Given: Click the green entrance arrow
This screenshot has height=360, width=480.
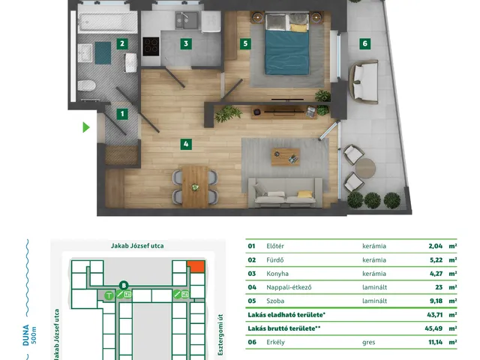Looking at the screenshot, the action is pyautogui.click(x=86, y=127).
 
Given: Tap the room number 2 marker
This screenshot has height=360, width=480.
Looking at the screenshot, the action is pyautogui.click(x=122, y=43).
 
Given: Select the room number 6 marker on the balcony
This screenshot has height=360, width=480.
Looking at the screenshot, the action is pyautogui.click(x=364, y=43).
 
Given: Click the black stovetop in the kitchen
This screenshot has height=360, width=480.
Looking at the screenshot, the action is pyautogui.click(x=151, y=46).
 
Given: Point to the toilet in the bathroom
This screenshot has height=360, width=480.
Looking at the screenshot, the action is pyautogui.click(x=87, y=85).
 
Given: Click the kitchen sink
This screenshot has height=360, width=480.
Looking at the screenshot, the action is pyautogui.click(x=187, y=20).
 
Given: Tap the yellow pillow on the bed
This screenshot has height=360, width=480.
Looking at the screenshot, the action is pyautogui.click(x=298, y=28).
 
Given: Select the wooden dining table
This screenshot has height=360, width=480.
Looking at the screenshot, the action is pyautogui.click(x=195, y=187).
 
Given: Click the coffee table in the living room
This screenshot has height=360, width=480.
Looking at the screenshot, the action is pyautogui.click(x=285, y=157).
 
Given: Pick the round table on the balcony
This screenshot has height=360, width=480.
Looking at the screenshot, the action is pyautogui.click(x=365, y=168).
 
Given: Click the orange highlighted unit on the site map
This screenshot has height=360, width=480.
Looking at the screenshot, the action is pyautogui.click(x=196, y=266).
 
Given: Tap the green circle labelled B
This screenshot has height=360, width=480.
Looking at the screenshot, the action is pyautogui.click(x=124, y=286).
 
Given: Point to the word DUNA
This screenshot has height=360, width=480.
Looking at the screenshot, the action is pyautogui.click(x=26, y=335).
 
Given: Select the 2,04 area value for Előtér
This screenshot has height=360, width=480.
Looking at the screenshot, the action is pyautogui.click(x=436, y=246).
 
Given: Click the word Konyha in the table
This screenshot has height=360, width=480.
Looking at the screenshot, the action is pyautogui.click(x=277, y=273).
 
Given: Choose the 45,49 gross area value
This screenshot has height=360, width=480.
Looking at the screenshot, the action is pyautogui.click(x=433, y=328).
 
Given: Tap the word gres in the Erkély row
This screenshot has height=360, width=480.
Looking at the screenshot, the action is pyautogui.click(x=368, y=342).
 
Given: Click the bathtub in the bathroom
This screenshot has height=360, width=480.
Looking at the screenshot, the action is pyautogui.click(x=107, y=22).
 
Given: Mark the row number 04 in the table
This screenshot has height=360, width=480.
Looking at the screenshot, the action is pyautogui.click(x=252, y=287).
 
